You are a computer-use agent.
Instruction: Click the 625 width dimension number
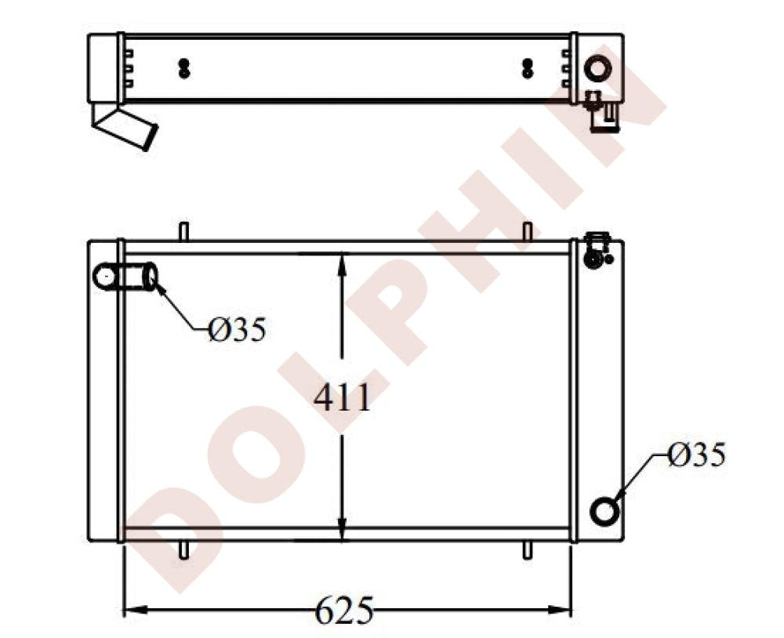pyautogui.click(x=344, y=610)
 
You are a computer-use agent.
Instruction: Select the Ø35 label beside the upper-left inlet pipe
pyautogui.click(x=238, y=330)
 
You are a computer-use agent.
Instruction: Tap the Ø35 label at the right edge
pyautogui.click(x=697, y=455)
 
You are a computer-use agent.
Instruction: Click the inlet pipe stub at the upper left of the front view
pyautogui.click(x=125, y=277)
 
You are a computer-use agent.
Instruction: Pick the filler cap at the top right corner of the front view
pyautogui.click(x=597, y=248)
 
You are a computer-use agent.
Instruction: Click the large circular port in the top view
pyautogui.click(x=597, y=68)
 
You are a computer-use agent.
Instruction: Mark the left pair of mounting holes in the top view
pyautogui.click(x=184, y=68)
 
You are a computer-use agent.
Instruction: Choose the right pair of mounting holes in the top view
pyautogui.click(x=527, y=68)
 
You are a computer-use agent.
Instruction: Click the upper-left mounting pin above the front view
pyautogui.click(x=183, y=231)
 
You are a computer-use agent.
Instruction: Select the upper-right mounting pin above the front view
pyautogui.click(x=528, y=231)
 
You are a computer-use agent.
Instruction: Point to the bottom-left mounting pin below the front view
pyautogui.click(x=183, y=550)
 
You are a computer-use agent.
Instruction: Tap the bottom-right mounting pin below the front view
pyautogui.click(x=528, y=550)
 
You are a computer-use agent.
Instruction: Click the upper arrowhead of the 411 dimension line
pyautogui.click(x=342, y=263)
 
